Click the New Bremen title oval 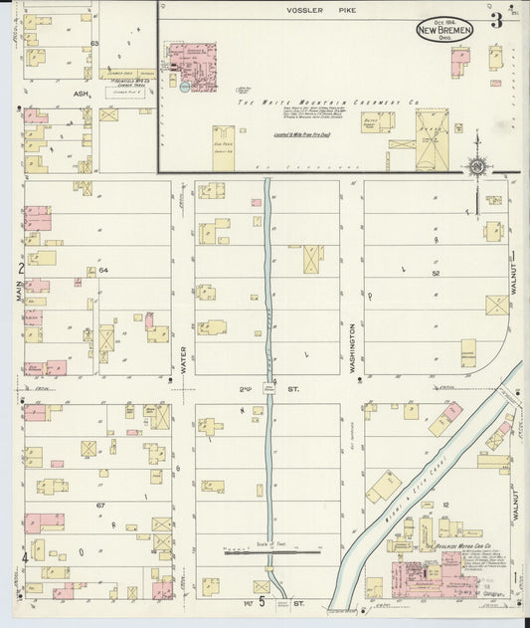(x=444, y=29)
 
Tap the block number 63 (x=94, y=44)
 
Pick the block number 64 (x=102, y=271)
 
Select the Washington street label (x=353, y=346)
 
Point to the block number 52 (x=436, y=272)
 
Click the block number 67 (x=100, y=506)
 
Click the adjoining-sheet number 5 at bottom (x=261, y=602)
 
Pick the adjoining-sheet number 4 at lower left (x=23, y=557)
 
